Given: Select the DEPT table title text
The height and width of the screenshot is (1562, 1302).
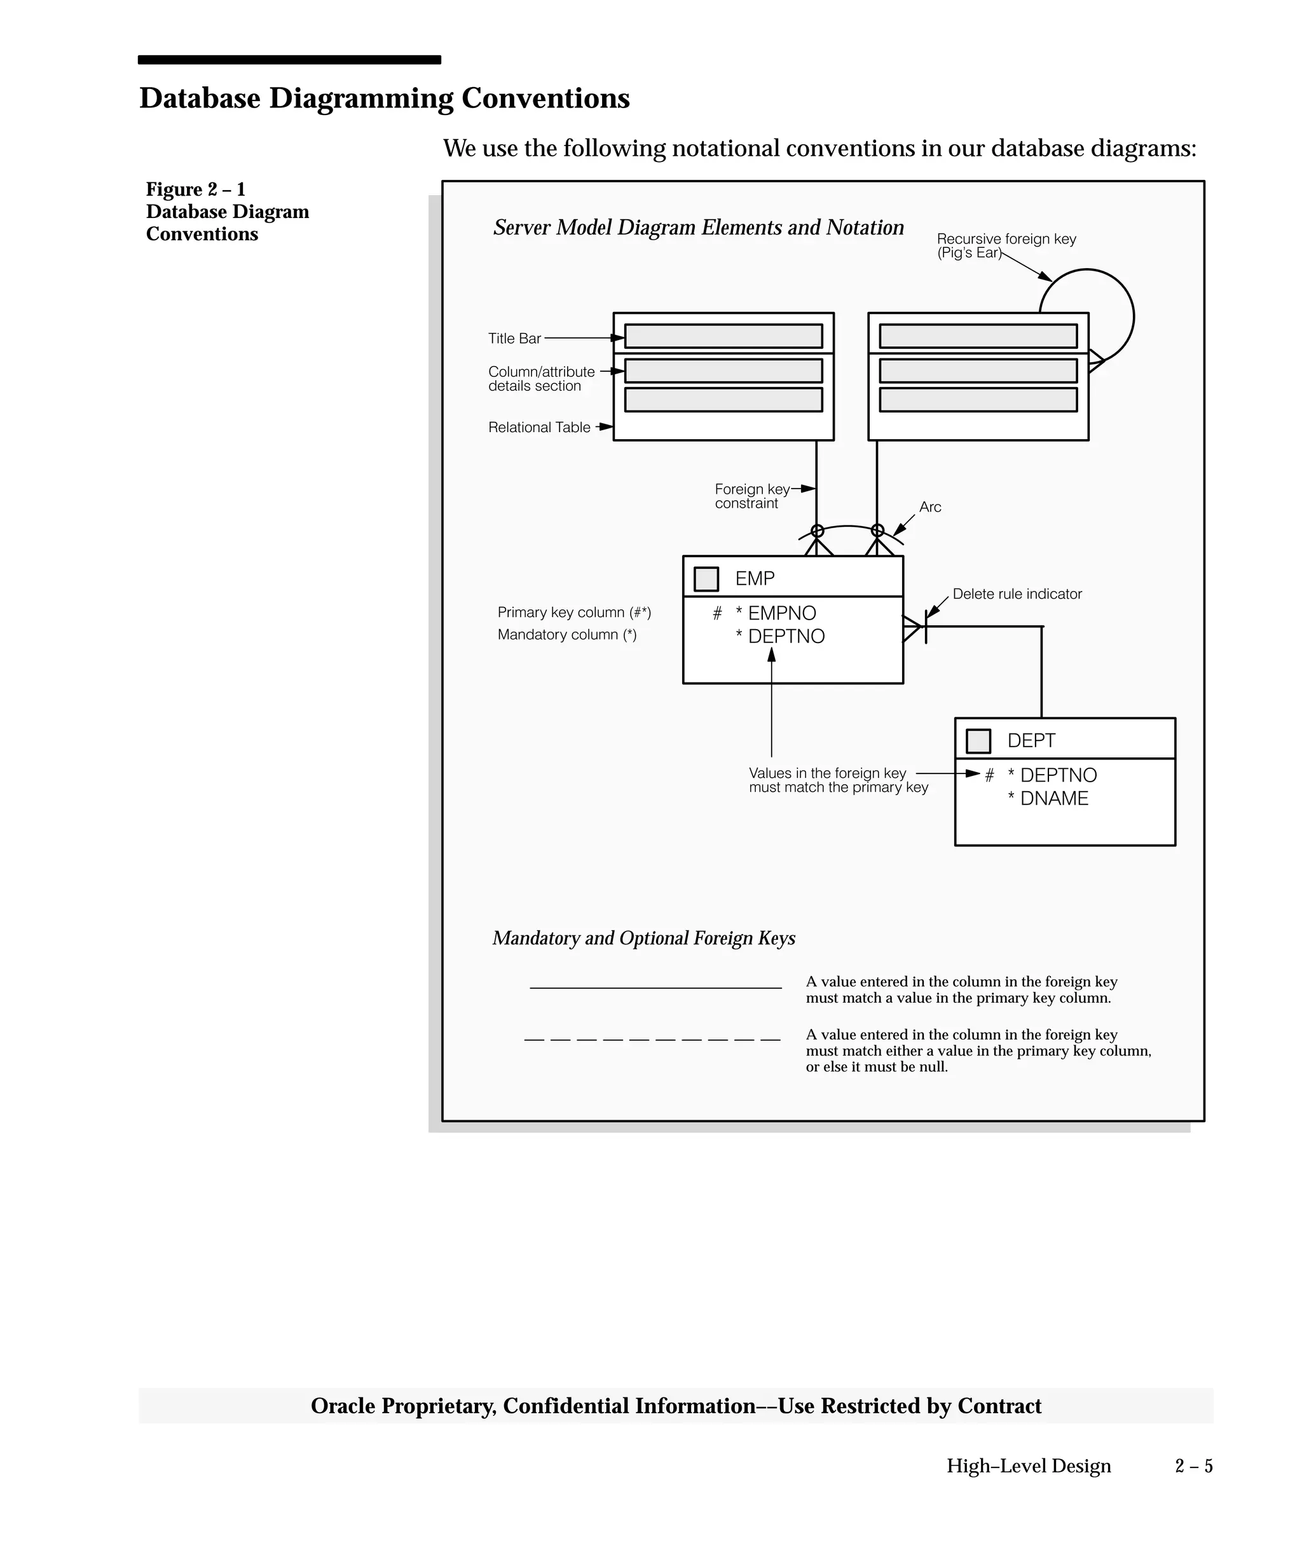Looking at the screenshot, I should tap(1031, 740).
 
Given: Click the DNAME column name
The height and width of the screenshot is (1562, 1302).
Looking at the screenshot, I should tap(1053, 798).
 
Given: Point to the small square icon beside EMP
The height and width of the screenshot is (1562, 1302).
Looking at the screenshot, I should tap(705, 579).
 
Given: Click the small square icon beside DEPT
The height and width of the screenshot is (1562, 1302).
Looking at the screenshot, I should tap(978, 741).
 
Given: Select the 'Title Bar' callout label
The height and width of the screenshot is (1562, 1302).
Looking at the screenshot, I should tap(514, 339).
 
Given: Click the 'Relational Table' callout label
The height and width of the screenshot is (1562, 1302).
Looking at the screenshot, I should tap(538, 427).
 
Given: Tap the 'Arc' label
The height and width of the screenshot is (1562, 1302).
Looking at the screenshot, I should tap(930, 507).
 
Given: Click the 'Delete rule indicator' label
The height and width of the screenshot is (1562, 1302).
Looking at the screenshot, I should tap(1017, 594).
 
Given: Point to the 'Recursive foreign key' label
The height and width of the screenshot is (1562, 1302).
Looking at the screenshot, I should tap(1006, 239).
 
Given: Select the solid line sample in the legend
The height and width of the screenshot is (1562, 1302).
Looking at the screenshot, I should tap(655, 988).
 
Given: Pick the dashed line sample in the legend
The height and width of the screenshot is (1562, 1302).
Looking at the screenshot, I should tap(652, 1040).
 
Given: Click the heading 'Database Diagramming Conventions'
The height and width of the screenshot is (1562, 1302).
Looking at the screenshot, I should tap(384, 98).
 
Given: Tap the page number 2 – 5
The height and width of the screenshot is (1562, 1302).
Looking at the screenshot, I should tap(1193, 1466).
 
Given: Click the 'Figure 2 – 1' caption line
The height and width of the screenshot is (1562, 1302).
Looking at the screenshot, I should tap(195, 189).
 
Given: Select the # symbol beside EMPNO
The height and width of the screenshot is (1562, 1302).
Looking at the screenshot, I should tap(716, 614).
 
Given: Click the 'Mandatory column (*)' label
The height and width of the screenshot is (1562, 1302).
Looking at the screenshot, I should tap(567, 634).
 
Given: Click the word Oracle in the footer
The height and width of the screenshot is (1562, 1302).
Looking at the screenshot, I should tap(342, 1406).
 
